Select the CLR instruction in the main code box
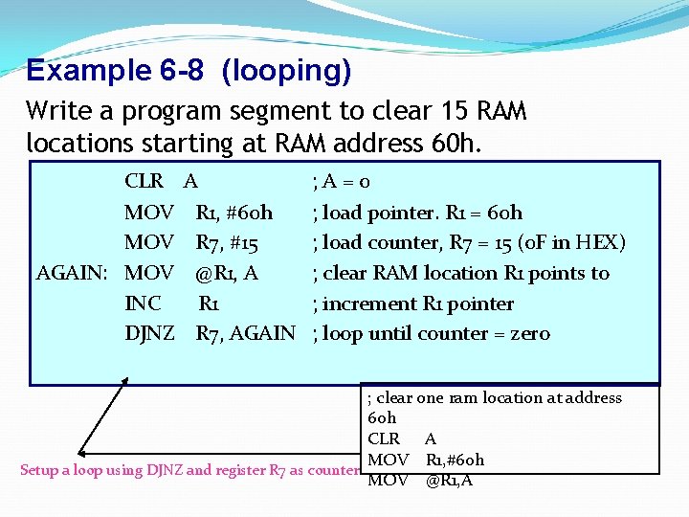click(144, 182)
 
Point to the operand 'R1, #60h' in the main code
click(233, 213)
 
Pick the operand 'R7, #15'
click(227, 242)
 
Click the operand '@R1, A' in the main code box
click(227, 273)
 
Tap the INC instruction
click(143, 303)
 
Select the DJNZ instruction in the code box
click(149, 333)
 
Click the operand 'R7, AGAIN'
click(245, 333)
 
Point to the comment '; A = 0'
click(342, 182)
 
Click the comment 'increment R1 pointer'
click(418, 303)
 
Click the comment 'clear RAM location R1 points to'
click(466, 273)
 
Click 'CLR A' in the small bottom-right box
click(402, 439)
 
